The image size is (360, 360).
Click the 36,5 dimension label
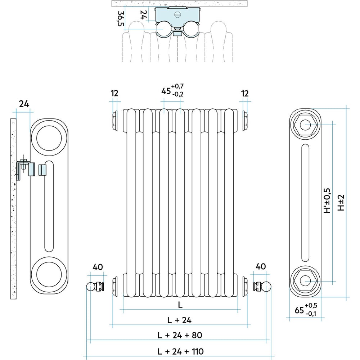tap(121, 19)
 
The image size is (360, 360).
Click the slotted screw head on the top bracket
tap(178, 14)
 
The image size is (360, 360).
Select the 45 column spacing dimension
tap(172, 90)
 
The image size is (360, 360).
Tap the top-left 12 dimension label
tap(114, 94)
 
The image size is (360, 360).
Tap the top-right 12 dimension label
tap(245, 94)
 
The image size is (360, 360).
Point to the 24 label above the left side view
tap(24, 104)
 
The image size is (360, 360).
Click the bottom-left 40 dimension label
tap(98, 267)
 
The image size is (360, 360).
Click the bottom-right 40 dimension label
tap(261, 266)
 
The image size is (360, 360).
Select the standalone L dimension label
tap(180, 305)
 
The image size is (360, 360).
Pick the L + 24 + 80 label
tap(180, 335)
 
